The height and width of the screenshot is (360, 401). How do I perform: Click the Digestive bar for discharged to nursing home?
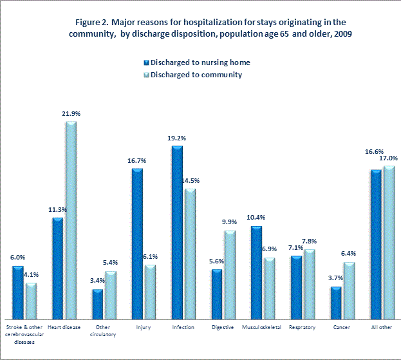[216, 294]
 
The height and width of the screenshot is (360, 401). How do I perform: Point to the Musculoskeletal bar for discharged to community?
[269, 289]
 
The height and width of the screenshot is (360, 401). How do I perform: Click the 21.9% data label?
[71, 113]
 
